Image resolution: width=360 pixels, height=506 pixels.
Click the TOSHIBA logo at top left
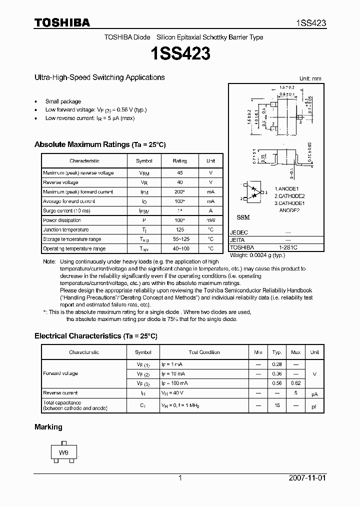pyautogui.click(x=62, y=22)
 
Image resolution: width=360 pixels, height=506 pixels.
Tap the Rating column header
pyautogui.click(x=179, y=161)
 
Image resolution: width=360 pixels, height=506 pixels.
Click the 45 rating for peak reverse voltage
pyautogui.click(x=179, y=173)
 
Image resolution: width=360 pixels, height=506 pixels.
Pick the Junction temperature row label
pyautogui.click(x=66, y=230)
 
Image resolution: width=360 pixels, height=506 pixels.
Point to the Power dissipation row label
pyautogui.click(x=62, y=220)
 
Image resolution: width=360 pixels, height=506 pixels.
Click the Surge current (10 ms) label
pyautogui.click(x=66, y=211)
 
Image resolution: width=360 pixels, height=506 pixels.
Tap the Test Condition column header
pyautogui.click(x=204, y=352)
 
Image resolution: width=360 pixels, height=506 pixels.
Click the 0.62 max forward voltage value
pyautogui.click(x=295, y=383)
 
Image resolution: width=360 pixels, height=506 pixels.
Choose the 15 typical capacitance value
pyautogui.click(x=277, y=405)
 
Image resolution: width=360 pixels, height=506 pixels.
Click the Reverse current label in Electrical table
pyautogui.click(x=60, y=393)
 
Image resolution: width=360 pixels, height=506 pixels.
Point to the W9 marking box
pyautogui.click(x=63, y=453)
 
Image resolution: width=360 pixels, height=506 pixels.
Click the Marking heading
pyautogui.click(x=48, y=427)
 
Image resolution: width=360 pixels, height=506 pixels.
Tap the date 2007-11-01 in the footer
pyautogui.click(x=307, y=478)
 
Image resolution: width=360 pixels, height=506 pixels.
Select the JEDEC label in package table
pyautogui.click(x=239, y=233)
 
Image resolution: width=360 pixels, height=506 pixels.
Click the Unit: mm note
pyautogui.click(x=310, y=78)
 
